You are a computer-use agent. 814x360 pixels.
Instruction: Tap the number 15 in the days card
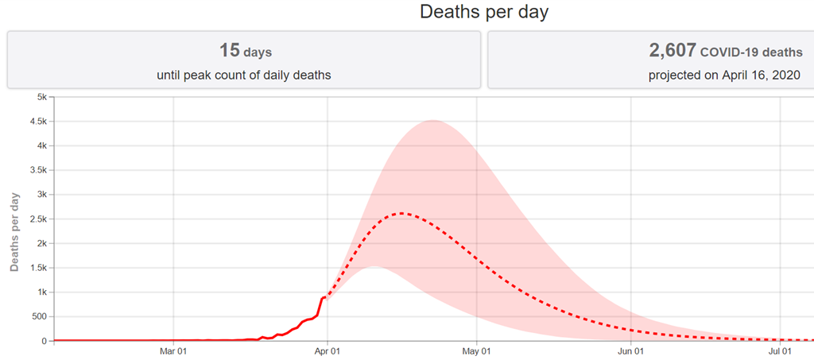point(230,51)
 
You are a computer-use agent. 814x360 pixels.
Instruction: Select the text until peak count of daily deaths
point(245,75)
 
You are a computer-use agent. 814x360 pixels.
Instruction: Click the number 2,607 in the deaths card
point(673,51)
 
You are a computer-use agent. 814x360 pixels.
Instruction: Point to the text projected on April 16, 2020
point(723,75)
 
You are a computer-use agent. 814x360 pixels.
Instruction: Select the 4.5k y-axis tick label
point(37,122)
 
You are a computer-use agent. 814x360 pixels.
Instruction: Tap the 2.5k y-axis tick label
point(37,219)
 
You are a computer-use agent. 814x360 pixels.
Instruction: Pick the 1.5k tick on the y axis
point(37,268)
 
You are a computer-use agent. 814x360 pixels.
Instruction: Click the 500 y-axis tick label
point(38,316)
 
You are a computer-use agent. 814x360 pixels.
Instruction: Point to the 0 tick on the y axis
point(45,341)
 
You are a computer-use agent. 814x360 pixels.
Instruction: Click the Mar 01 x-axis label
point(173,350)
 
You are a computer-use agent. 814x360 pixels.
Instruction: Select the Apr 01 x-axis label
point(328,350)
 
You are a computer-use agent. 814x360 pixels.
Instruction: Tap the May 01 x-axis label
point(476,350)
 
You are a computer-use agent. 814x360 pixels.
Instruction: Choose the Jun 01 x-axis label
point(630,350)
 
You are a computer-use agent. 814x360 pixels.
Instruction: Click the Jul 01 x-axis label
point(780,350)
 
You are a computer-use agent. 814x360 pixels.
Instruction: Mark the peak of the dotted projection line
point(402,213)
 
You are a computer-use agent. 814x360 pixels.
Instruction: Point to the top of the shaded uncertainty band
point(432,121)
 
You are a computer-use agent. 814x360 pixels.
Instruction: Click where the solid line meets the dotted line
point(326,297)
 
